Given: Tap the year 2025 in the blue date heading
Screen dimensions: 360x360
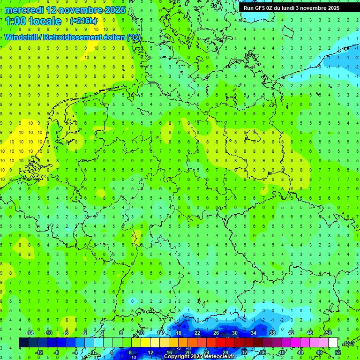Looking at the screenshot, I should click(114, 10).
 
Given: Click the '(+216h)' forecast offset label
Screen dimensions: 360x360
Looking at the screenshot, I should click(83, 21).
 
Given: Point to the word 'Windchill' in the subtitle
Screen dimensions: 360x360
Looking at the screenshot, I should click(22, 37).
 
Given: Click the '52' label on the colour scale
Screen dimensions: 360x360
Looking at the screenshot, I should click(338, 352).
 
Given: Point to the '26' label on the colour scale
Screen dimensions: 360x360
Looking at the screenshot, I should click(216, 333).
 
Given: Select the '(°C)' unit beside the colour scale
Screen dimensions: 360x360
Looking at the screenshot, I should click(349, 343).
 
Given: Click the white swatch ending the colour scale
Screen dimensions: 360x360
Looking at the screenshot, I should click(333, 343).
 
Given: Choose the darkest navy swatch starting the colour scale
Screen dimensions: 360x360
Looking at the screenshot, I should click(23, 343).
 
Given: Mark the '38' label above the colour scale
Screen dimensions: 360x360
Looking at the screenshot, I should click(272, 333).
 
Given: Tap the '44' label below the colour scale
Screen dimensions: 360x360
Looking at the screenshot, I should click(300, 352).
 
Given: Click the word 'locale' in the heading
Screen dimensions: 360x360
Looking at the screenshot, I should click(45, 21).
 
